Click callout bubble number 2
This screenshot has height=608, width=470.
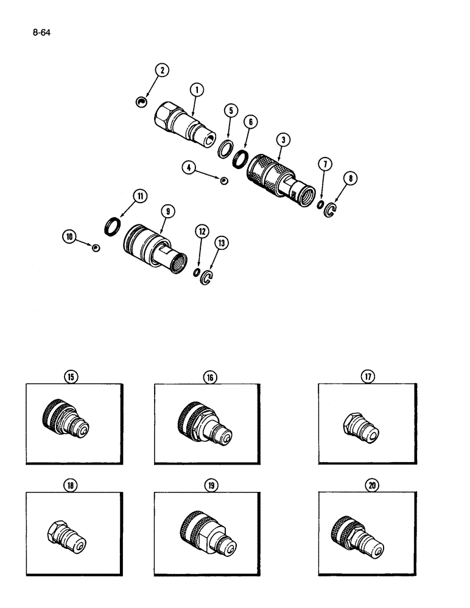point(162,70)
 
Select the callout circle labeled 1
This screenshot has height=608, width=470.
point(196,90)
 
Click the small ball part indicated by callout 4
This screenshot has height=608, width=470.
point(223,181)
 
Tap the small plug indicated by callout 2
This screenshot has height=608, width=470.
point(141,102)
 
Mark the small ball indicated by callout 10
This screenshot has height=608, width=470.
point(95,247)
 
